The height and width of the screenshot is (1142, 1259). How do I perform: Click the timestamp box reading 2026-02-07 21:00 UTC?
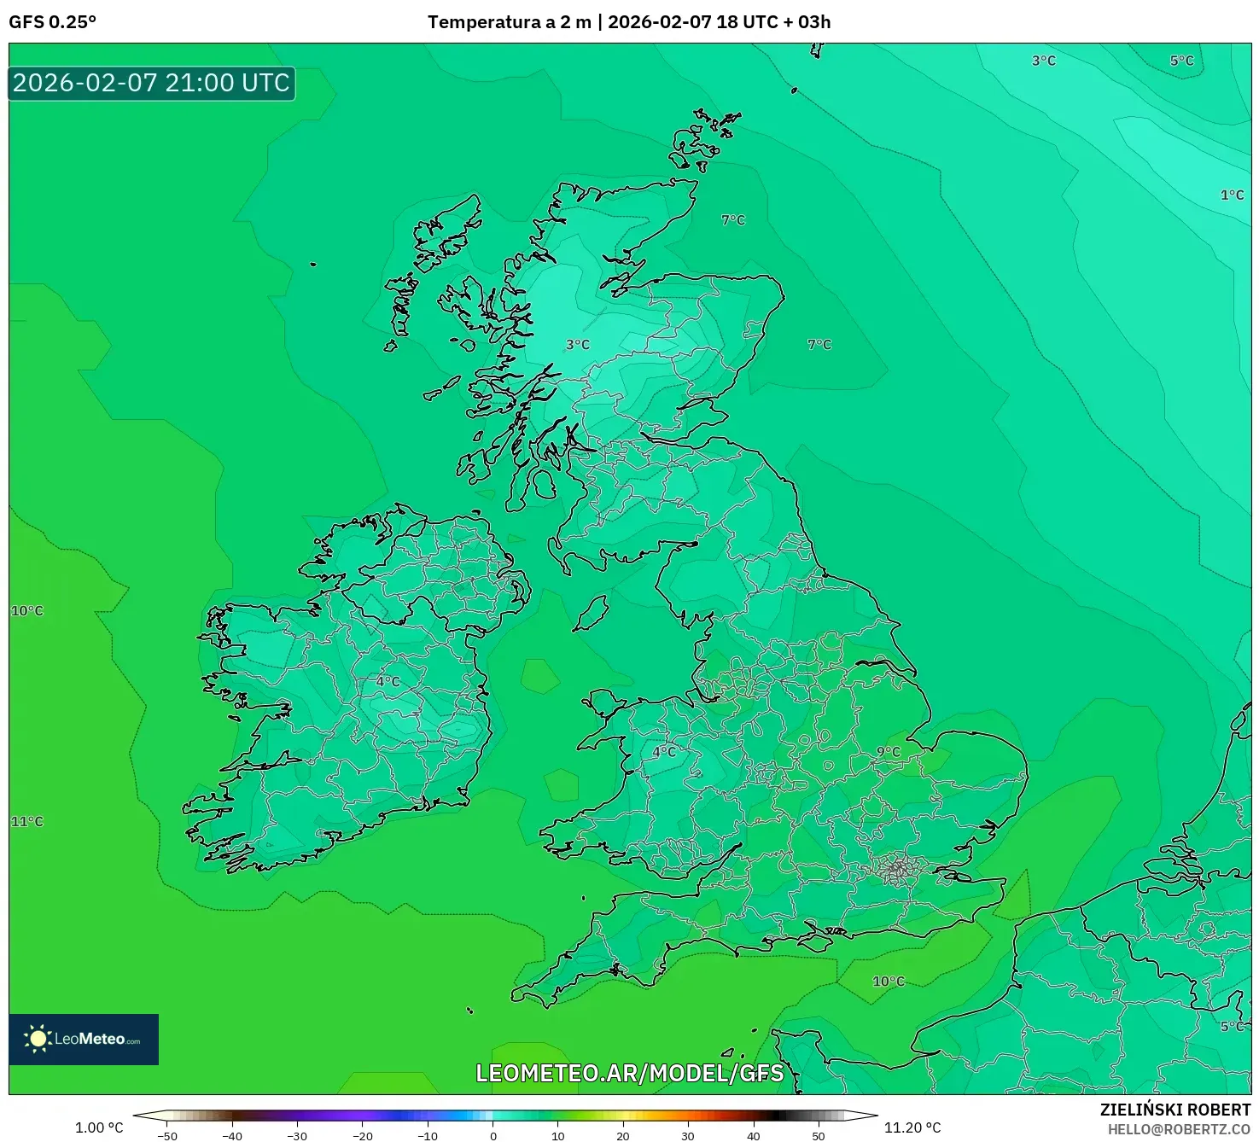click(x=152, y=84)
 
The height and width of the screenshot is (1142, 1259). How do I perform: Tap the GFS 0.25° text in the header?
click(x=52, y=22)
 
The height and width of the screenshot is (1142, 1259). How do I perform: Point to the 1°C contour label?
click(x=1232, y=195)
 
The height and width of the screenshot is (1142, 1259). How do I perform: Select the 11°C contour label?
click(x=26, y=822)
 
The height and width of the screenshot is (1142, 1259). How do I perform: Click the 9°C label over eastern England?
click(x=889, y=752)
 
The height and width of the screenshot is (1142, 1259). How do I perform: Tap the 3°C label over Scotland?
click(x=578, y=345)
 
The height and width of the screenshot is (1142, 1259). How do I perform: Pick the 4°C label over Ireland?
click(x=388, y=682)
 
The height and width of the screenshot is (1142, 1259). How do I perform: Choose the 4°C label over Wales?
click(x=664, y=752)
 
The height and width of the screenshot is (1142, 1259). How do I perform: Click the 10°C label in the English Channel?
click(x=889, y=982)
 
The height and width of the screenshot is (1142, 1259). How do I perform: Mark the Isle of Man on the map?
click(x=592, y=613)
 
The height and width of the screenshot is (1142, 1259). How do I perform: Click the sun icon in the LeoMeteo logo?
click(x=38, y=1039)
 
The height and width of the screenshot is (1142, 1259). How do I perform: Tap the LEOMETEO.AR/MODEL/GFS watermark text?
click(x=629, y=1073)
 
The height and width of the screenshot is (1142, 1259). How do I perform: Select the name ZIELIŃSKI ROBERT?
click(x=1175, y=1110)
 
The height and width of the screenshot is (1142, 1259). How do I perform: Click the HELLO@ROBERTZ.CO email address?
click(x=1179, y=1129)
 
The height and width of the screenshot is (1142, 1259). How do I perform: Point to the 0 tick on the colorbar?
click(x=493, y=1136)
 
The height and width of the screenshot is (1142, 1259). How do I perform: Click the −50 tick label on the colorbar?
click(x=167, y=1136)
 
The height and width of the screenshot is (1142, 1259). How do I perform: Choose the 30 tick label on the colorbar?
click(x=688, y=1136)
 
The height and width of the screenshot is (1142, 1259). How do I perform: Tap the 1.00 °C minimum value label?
click(x=99, y=1127)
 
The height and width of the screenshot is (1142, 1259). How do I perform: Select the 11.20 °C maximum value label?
click(x=912, y=1127)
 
